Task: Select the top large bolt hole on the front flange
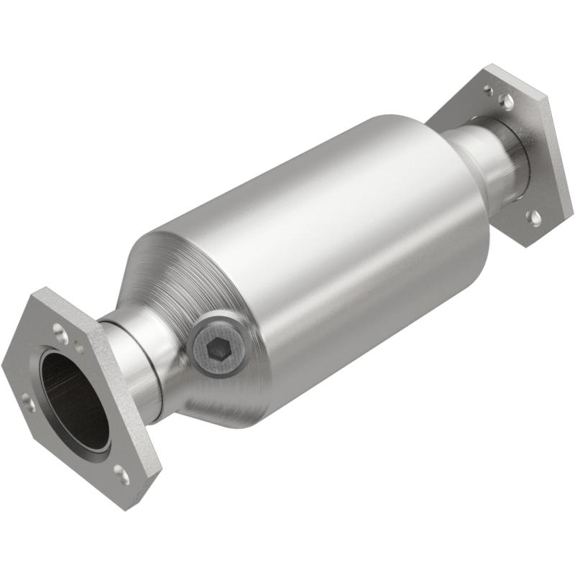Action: click(57, 330)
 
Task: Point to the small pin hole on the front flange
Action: click(78, 349)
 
